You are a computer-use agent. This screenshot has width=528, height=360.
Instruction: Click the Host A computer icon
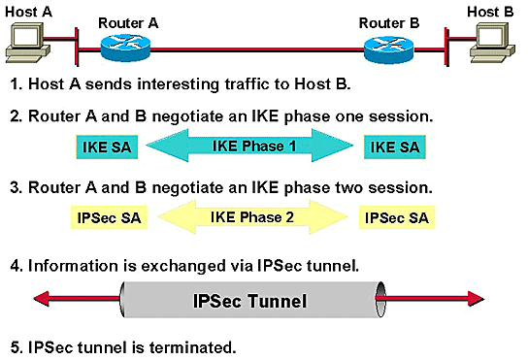coord(27,42)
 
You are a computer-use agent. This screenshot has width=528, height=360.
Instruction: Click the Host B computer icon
coord(492,42)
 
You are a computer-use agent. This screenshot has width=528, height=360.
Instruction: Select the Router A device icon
coord(125,48)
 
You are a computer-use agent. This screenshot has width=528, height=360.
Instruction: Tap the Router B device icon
coord(388,49)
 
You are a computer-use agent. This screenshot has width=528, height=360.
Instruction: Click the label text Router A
coord(128,23)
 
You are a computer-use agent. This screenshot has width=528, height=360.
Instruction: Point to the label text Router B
coord(389,23)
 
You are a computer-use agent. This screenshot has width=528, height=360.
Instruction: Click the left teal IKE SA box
coord(107,147)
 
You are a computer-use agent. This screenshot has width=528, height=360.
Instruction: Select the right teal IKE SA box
coord(395,147)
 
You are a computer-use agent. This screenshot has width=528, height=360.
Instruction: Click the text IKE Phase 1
coord(254,147)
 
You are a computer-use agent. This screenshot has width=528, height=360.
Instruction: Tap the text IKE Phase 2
coord(252,217)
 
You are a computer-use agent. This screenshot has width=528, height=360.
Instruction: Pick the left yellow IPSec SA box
coord(109,218)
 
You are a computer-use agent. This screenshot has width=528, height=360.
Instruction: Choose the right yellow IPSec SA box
coord(397,218)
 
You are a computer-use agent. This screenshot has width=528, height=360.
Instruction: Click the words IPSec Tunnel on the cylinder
coord(249,301)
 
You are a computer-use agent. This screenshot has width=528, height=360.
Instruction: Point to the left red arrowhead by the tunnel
coord(41,298)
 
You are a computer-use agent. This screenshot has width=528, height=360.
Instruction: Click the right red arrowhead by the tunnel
coord(477,298)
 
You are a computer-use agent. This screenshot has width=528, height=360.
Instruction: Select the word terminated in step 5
coord(192,347)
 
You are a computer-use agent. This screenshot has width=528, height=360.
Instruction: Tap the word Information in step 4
coord(74,266)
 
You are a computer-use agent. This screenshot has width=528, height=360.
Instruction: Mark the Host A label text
coord(28,12)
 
